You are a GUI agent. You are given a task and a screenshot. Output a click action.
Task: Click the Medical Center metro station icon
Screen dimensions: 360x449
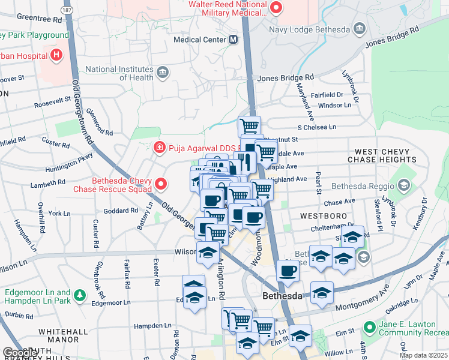(234, 40)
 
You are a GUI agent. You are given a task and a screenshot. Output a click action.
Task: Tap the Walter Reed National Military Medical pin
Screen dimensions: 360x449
(276, 8)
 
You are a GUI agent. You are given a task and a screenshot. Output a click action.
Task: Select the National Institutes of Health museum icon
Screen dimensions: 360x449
(162, 73)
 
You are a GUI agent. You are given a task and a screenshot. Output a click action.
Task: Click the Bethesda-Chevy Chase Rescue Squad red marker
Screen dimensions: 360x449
(160, 184)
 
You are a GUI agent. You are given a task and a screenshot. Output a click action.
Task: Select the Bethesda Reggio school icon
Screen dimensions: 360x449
(403, 185)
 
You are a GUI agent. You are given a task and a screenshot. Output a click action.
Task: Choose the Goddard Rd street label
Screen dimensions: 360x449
(121, 211)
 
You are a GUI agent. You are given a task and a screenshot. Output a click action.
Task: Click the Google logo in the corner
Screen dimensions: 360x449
(20, 353)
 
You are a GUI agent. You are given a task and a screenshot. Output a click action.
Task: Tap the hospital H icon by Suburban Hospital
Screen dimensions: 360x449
(56, 56)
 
